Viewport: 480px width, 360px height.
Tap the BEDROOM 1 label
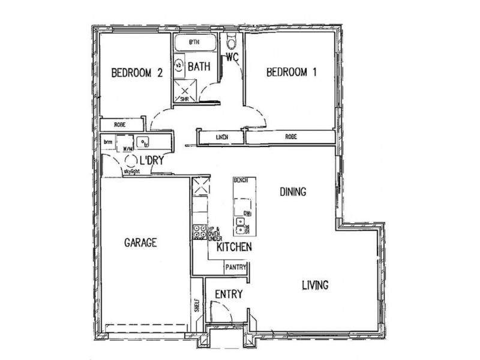point(292,73)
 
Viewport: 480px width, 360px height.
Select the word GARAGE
point(140,243)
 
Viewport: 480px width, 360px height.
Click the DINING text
point(293,193)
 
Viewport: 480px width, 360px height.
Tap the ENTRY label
point(228,294)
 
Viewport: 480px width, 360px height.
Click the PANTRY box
point(235,268)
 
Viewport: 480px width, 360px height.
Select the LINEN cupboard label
point(221,138)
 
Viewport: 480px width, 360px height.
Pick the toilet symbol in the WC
point(232,43)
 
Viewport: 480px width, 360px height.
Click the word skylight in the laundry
point(132,172)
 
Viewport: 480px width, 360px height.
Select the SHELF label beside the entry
point(197,306)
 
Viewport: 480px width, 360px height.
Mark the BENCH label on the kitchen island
point(242,180)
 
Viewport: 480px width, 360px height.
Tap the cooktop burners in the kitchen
point(199,231)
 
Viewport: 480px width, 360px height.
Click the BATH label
point(199,67)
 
